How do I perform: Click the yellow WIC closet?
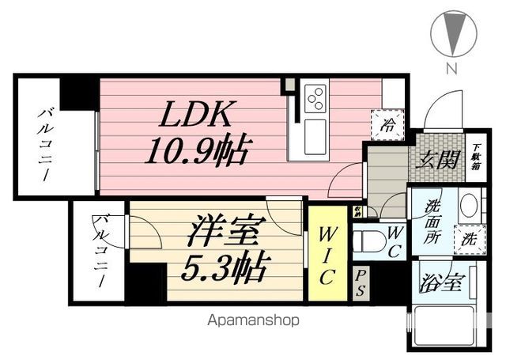point(328,253)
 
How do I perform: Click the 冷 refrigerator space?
point(389,123)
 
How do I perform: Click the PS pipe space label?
point(361,282)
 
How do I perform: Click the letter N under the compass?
point(452,68)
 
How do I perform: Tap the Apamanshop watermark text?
point(254,321)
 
